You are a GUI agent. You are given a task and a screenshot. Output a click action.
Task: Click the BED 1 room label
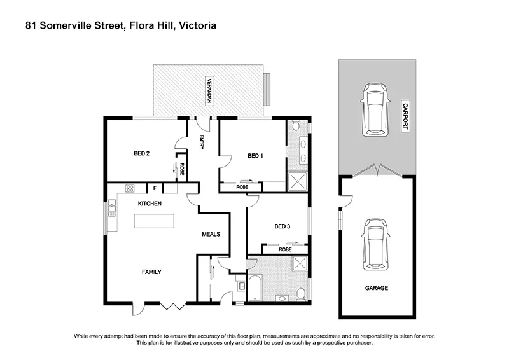255,156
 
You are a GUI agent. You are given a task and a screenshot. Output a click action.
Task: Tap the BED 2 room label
141,153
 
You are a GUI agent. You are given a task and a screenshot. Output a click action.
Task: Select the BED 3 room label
282,226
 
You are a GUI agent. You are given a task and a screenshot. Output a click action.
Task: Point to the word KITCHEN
150,204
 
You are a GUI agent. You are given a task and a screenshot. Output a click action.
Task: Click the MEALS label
211,234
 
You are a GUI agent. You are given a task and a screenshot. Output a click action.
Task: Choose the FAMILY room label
151,272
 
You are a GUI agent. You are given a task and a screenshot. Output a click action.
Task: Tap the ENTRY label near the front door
202,142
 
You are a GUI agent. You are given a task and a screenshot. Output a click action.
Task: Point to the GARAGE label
377,288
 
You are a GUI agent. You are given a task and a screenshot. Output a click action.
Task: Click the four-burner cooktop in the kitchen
130,188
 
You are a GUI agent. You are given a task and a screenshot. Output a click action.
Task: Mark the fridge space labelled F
154,188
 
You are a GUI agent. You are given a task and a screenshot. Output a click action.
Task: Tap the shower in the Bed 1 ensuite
296,183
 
